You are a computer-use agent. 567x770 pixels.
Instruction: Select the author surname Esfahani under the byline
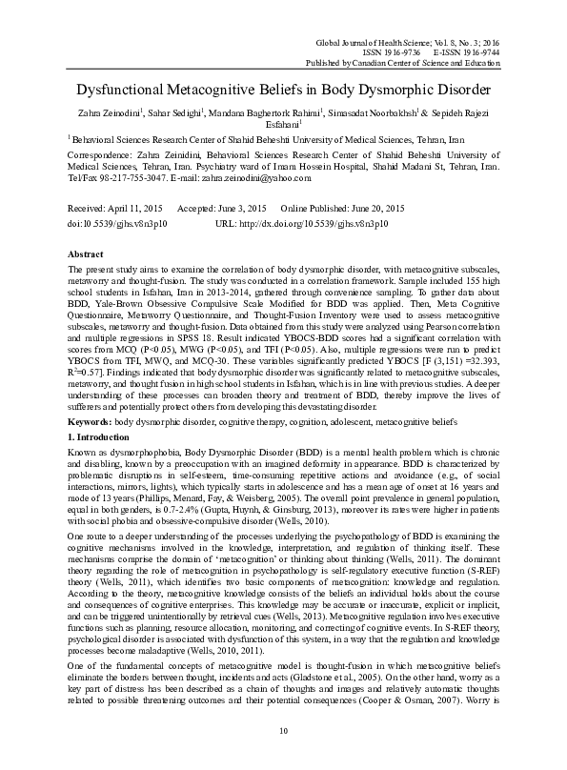click(x=283, y=124)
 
